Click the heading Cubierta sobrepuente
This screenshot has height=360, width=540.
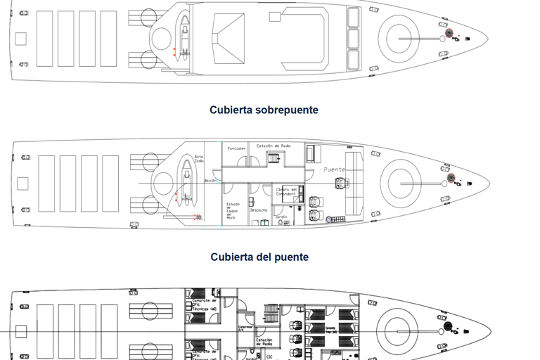point(264,110)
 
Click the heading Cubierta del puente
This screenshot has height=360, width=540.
point(259,257)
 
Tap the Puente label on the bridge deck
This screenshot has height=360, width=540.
point(335,169)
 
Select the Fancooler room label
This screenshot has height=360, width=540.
point(236,148)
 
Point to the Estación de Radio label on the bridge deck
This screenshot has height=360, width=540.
point(274,146)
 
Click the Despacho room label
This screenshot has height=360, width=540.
point(258,210)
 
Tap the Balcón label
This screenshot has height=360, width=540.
point(210,181)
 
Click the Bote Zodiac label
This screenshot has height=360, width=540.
point(199,159)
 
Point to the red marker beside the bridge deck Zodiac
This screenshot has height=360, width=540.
point(199,217)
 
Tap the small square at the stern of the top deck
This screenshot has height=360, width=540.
point(20,39)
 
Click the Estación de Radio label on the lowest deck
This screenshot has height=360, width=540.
point(264,342)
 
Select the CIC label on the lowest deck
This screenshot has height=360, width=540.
point(269,356)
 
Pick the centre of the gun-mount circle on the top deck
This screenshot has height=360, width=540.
point(399,35)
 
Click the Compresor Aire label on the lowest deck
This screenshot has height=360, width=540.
point(245,328)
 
